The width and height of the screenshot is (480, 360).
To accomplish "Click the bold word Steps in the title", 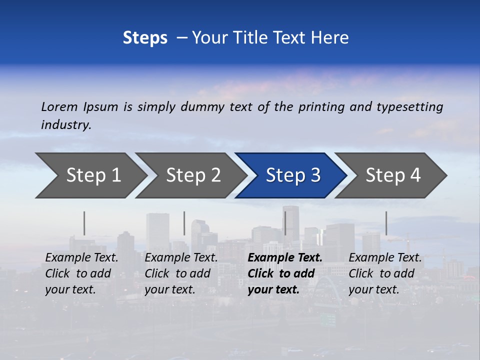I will [145, 38].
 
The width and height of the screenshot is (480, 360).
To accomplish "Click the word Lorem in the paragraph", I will [59, 107].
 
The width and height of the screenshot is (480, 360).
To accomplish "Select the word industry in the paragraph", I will [65, 125].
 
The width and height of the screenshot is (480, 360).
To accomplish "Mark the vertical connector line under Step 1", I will [84, 223].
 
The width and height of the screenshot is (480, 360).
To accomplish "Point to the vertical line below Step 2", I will [184, 223].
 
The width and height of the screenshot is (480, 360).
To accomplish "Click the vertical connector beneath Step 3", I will [285, 223].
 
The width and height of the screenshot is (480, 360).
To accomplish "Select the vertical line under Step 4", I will [386, 223].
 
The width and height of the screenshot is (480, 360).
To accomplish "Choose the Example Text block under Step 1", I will [81, 273].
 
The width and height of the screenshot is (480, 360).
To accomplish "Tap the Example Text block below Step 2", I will [181, 273].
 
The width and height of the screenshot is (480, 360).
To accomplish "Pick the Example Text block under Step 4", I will [385, 273].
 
